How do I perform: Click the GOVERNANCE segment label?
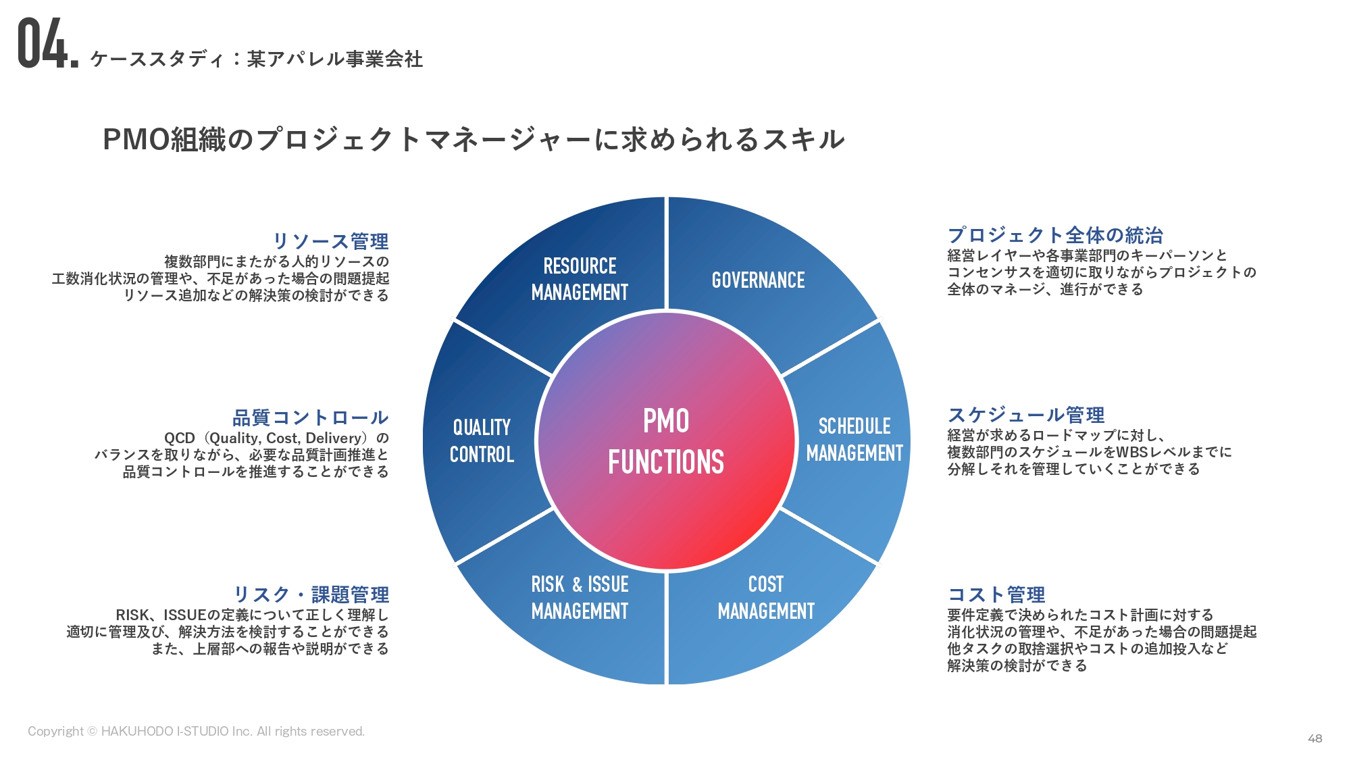(758, 280)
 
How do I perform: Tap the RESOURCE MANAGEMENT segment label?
(580, 279)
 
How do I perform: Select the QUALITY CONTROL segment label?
(482, 440)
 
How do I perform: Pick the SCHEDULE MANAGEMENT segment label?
(855, 439)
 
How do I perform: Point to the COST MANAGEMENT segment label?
(766, 597)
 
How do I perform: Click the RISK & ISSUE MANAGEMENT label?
(580, 597)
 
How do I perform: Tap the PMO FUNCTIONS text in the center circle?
(666, 442)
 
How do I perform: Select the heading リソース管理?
(330, 241)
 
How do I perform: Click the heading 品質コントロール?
(310, 417)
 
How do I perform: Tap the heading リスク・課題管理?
(311, 594)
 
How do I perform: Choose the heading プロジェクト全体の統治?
(1055, 235)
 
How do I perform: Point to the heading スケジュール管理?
(1026, 415)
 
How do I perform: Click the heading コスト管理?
(996, 594)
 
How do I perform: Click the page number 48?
(1315, 738)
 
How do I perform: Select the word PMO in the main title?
(136, 140)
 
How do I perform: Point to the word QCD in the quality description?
(179, 438)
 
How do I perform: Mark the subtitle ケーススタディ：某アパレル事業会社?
(257, 59)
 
